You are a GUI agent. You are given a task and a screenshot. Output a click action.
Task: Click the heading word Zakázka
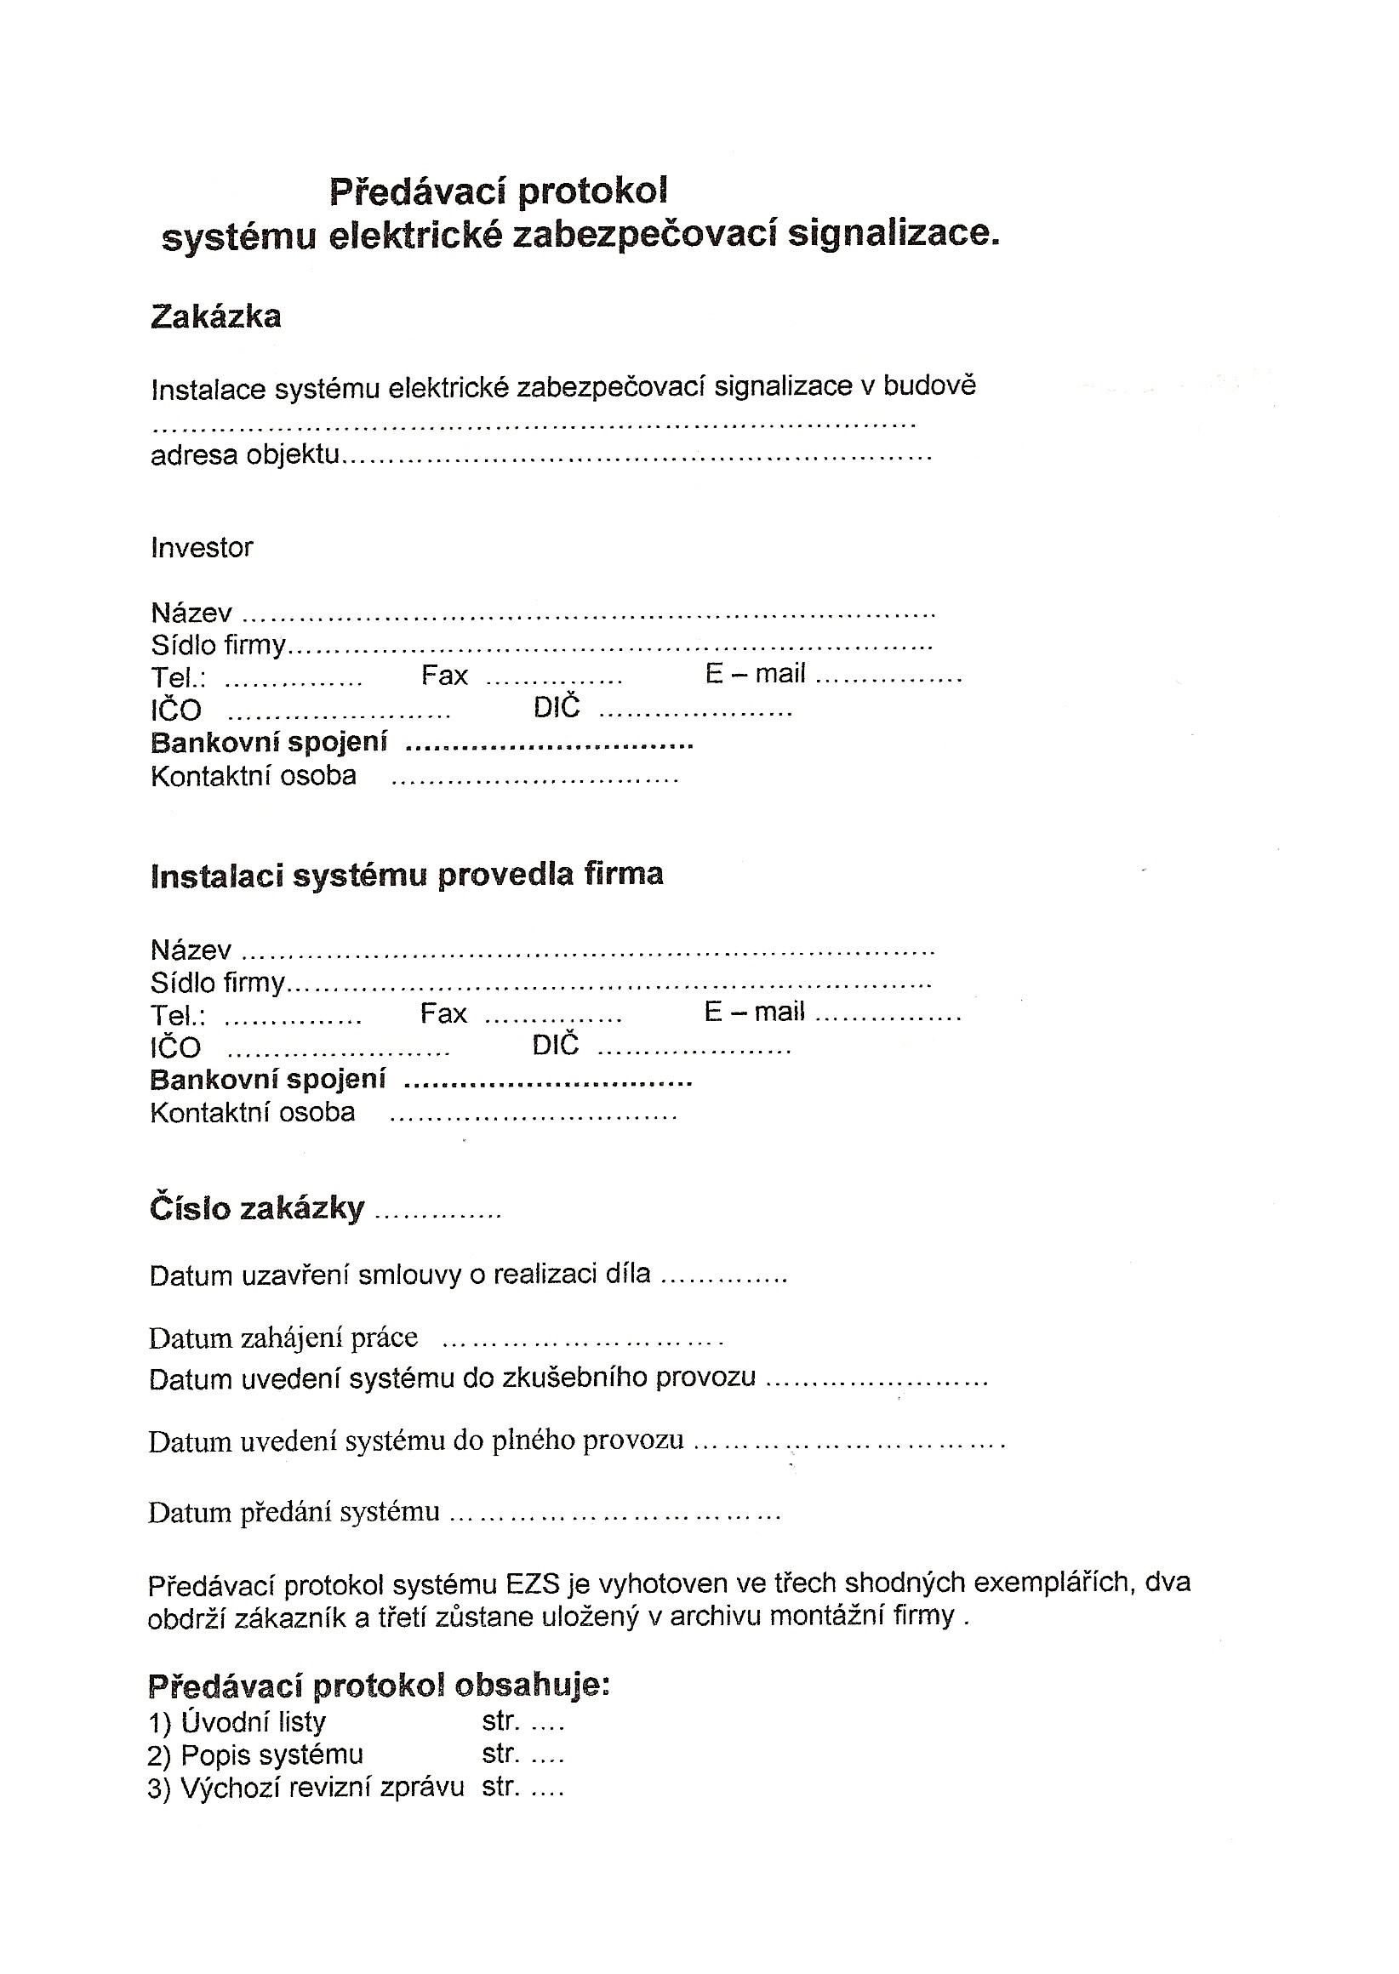tap(215, 317)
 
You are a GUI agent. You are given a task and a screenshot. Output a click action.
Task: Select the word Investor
tap(202, 548)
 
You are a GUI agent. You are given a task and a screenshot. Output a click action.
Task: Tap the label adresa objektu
tap(244, 454)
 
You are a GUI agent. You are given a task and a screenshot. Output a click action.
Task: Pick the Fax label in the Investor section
tap(443, 676)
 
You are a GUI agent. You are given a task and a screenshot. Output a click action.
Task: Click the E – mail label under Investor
tap(755, 674)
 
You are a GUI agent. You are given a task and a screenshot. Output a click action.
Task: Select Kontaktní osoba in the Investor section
tap(254, 776)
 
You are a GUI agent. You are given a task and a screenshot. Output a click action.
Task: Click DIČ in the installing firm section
tap(556, 1046)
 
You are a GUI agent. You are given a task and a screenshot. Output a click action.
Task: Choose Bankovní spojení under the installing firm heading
tap(267, 1079)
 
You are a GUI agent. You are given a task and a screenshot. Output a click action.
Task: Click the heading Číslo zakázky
tap(257, 1209)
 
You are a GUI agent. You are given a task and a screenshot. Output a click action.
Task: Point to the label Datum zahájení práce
tap(283, 1338)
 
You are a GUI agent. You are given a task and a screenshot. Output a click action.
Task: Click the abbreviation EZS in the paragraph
tap(533, 1583)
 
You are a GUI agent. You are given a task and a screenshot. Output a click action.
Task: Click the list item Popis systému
tap(271, 1754)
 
